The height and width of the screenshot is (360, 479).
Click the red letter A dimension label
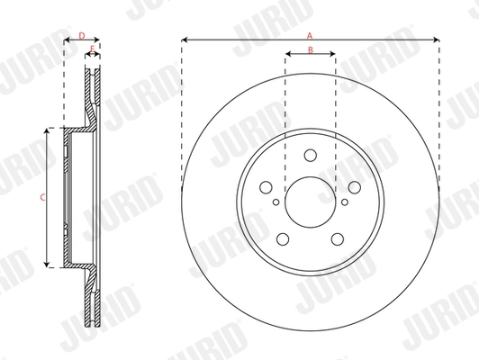pos(310,33)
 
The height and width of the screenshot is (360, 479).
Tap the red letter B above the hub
pos(310,49)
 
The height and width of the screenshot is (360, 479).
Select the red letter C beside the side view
pos(41,196)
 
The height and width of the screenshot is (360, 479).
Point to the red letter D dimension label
pos(81,35)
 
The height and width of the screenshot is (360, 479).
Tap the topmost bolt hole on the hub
pos(310,156)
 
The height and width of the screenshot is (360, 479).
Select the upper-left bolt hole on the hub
pos(267,187)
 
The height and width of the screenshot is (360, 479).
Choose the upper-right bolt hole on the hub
pos(353,187)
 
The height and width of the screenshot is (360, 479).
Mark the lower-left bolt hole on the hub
pos(283,238)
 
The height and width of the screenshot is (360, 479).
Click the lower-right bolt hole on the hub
pos(337,238)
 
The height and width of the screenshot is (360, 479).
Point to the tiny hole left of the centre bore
pos(276,203)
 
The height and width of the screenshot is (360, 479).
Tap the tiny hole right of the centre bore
pos(344,203)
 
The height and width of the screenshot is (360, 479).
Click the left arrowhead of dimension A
pos(184,40)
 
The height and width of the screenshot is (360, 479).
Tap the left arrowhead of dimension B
pos(287,55)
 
